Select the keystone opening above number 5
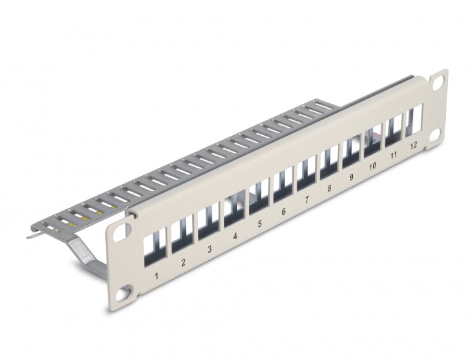tap(259, 194)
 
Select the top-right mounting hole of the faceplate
tap(437, 79)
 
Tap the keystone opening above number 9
tap(351, 151)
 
